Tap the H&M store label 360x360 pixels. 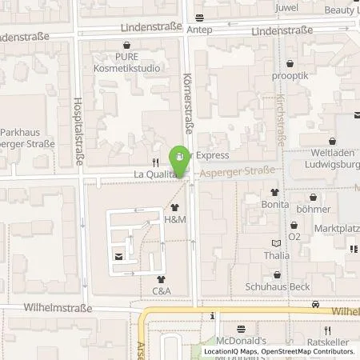point(174,218)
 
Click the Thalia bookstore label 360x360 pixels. point(276,256)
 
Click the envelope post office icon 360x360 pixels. point(119,257)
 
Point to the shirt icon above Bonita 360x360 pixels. point(274,192)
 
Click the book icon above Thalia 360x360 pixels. point(277,243)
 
